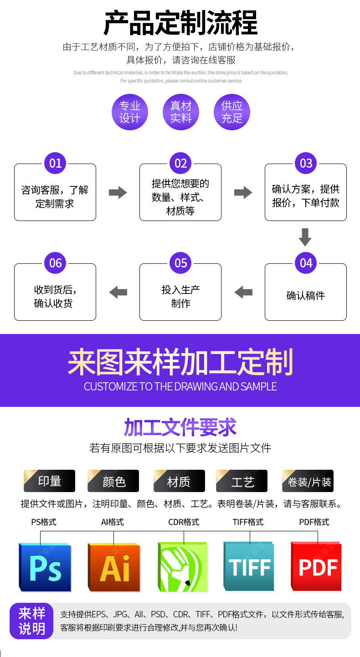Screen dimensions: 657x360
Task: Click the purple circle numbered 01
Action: pyautogui.click(x=55, y=163)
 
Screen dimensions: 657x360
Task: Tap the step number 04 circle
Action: pyautogui.click(x=306, y=263)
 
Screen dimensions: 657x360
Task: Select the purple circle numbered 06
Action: pyautogui.click(x=55, y=263)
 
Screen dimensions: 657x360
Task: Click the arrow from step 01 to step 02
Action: pyautogui.click(x=118, y=192)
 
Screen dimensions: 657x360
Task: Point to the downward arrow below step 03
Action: pyautogui.click(x=305, y=237)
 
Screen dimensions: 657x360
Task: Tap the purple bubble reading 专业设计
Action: pyautogui.click(x=130, y=112)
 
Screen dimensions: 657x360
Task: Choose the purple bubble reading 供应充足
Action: pyautogui.click(x=232, y=112)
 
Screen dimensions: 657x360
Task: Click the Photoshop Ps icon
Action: pyautogui.click(x=46, y=567)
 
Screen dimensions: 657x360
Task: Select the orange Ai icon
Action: pyautogui.click(x=114, y=567)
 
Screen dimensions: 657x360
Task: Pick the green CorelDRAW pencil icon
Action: pyautogui.click(x=182, y=567)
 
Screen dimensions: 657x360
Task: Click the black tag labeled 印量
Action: pyautogui.click(x=50, y=481)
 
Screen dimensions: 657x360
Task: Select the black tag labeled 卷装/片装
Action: pyautogui.click(x=308, y=481)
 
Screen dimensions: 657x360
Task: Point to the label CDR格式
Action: pyautogui.click(x=184, y=522)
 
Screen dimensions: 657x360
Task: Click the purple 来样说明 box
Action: pyautogui.click(x=32, y=621)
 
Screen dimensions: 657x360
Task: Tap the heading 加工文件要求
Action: pyautogui.click(x=180, y=427)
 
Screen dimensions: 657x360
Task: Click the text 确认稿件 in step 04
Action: pyautogui.click(x=305, y=296)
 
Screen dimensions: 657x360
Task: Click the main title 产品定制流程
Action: pyautogui.click(x=180, y=23)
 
